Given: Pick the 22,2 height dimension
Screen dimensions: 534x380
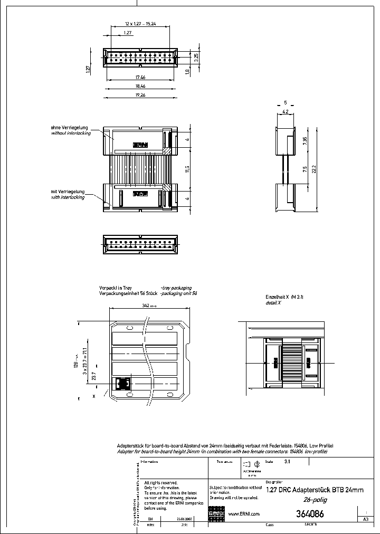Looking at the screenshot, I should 313,169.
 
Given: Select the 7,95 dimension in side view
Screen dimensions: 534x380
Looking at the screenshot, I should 305,141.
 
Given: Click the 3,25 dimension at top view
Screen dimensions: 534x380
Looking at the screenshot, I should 196,58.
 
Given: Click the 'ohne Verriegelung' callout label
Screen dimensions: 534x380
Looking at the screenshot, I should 70,128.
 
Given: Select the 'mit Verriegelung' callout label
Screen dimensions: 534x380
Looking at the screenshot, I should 68,192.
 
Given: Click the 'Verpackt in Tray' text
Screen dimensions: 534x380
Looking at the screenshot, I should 116,288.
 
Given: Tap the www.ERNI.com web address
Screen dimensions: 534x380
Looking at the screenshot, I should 243,513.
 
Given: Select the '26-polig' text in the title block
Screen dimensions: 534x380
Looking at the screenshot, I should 313,499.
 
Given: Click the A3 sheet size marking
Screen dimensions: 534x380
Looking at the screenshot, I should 365,519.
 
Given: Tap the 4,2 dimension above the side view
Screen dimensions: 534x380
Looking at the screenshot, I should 284,112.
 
